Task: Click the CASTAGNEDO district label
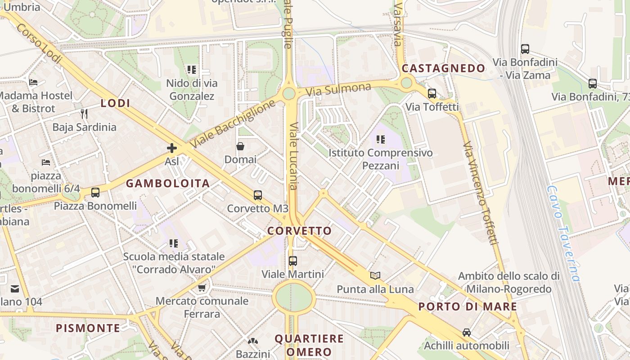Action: [x=443, y=68]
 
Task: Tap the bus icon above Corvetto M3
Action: [x=257, y=195]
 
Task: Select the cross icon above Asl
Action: [x=171, y=148]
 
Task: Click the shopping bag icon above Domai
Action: [x=240, y=146]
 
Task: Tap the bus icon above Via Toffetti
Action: [x=432, y=94]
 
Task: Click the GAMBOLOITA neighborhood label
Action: [x=168, y=183]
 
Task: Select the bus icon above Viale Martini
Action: [x=293, y=261]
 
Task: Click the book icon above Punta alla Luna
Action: [x=375, y=275]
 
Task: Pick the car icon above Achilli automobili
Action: [x=467, y=333]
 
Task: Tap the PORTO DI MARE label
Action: [x=468, y=307]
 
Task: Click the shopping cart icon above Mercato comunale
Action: [x=202, y=288]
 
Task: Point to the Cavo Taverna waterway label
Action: [x=562, y=234]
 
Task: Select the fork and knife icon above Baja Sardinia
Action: [x=84, y=113]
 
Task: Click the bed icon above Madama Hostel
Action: [x=33, y=82]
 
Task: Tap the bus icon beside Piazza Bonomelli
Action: [x=95, y=193]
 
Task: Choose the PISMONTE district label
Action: [x=88, y=328]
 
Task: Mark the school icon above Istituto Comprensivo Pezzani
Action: [x=381, y=139]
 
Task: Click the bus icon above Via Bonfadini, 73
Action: [x=593, y=84]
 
